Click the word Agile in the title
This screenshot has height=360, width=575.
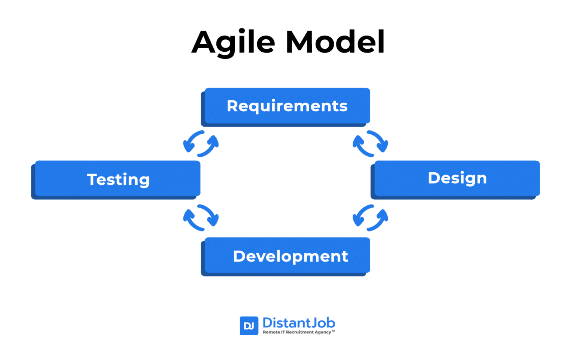[233, 42]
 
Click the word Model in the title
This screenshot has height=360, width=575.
[335, 42]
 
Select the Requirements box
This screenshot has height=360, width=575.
[287, 106]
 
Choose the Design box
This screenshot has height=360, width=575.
[457, 178]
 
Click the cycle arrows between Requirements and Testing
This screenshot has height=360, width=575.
[201, 144]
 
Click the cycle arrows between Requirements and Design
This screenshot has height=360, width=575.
[370, 144]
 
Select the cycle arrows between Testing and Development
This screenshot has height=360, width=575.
[201, 218]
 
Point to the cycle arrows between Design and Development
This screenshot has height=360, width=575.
[370, 218]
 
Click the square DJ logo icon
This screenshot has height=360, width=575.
[249, 326]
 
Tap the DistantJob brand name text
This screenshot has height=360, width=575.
[298, 323]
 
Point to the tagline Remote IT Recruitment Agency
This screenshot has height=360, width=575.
[298, 332]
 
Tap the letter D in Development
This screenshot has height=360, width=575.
[239, 256]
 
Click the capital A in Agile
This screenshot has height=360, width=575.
[204, 42]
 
